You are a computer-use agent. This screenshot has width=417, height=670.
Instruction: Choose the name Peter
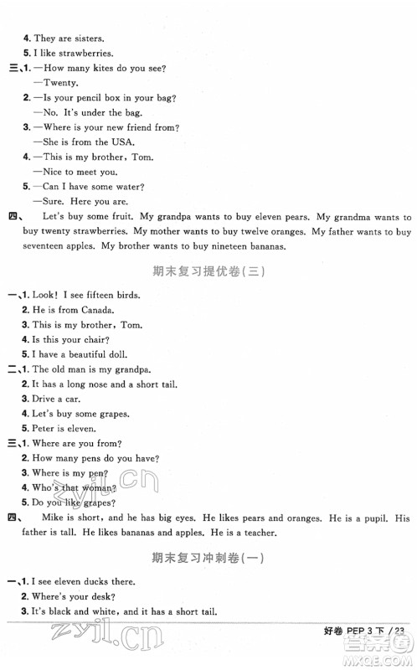pyautogui.click(x=43, y=429)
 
